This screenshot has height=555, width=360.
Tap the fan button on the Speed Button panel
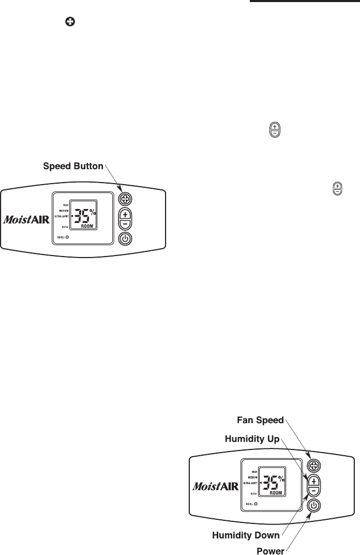(125, 200)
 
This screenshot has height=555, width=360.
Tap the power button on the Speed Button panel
(125, 239)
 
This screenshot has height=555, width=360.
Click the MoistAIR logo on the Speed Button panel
(26, 220)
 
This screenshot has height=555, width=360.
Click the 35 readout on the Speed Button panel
(83, 214)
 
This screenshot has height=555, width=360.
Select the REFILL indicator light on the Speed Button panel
(67, 238)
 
